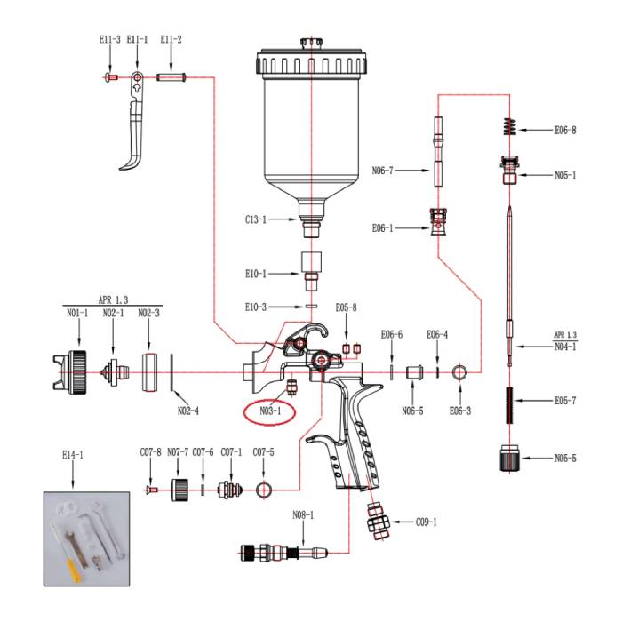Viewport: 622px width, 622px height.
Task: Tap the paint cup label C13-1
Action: (x=256, y=219)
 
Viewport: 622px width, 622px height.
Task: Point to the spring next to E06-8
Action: (x=508, y=126)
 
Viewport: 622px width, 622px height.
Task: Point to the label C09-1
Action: (x=428, y=522)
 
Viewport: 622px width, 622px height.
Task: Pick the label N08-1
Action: (x=303, y=514)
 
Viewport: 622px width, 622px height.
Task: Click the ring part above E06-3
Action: (x=460, y=371)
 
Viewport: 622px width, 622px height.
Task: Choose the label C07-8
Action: (x=150, y=452)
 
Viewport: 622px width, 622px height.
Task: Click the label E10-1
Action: (x=256, y=274)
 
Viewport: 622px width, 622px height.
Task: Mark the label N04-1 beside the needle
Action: (x=565, y=347)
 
